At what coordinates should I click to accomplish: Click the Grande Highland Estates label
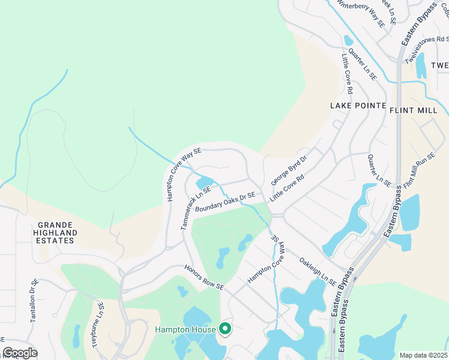(55, 232)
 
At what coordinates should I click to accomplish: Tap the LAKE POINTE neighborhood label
(358, 105)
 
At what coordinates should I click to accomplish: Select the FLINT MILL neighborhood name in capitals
(418, 110)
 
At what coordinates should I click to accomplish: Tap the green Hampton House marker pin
(225, 329)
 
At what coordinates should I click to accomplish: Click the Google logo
(20, 353)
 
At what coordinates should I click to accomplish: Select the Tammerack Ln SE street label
(190, 207)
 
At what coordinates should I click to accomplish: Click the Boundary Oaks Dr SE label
(225, 202)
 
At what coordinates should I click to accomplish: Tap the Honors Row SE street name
(203, 278)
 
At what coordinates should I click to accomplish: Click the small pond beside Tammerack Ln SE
(205, 182)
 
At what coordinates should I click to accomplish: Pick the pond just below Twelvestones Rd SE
(421, 66)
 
